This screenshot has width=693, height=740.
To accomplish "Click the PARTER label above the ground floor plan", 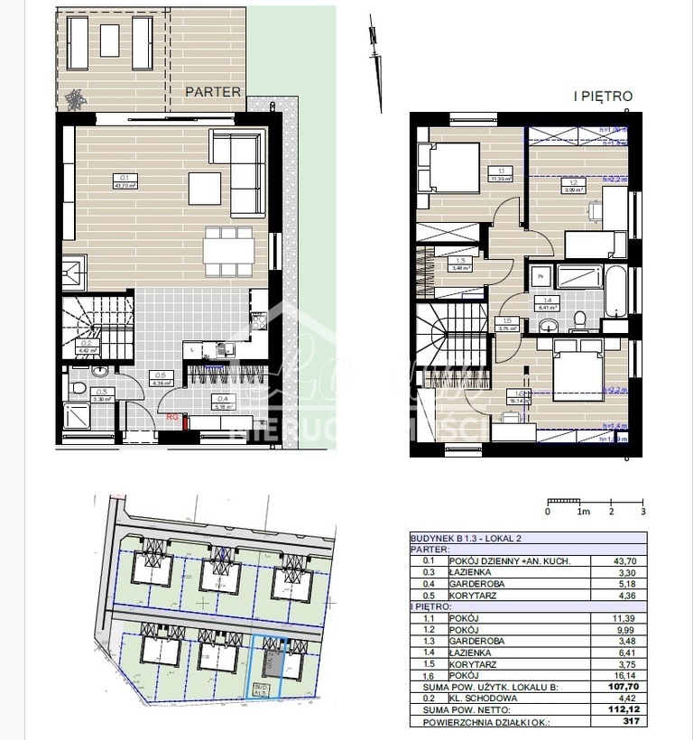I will pyautogui.click(x=213, y=91).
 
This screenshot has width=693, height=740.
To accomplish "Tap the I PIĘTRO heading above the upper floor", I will pyautogui.click(x=603, y=96).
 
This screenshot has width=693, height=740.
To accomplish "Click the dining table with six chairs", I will pyautogui.click(x=226, y=251).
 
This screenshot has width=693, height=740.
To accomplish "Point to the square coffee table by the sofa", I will pyautogui.click(x=204, y=187).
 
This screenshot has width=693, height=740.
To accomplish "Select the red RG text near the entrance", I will pyautogui.click(x=171, y=417).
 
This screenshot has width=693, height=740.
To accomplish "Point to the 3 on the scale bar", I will pyautogui.click(x=642, y=512).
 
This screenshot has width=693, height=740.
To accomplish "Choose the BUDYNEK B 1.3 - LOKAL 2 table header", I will pyautogui.click(x=468, y=537).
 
